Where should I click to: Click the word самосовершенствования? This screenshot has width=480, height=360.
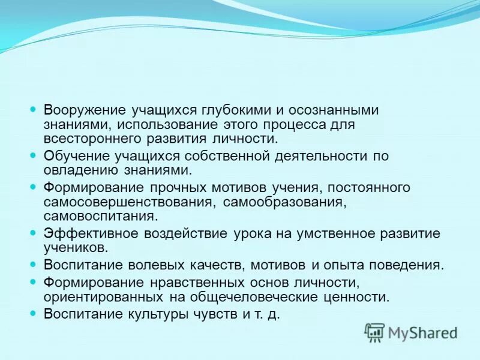126,202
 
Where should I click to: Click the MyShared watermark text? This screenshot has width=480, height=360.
422,332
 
